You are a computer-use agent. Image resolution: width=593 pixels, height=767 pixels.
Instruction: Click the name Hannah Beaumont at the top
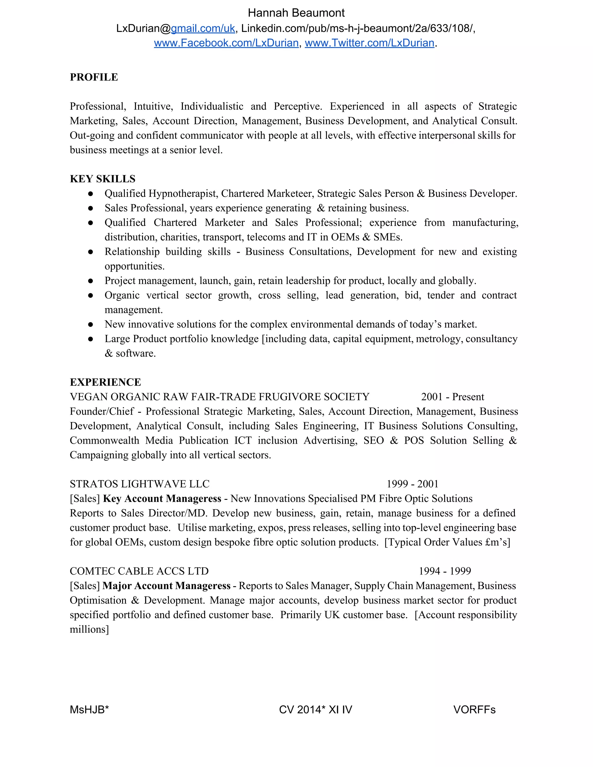tap(296, 13)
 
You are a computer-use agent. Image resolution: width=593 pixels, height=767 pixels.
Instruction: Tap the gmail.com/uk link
tap(203, 28)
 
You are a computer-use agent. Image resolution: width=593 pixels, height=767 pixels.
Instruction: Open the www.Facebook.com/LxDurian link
tap(226, 43)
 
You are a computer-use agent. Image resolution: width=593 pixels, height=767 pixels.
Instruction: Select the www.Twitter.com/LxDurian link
tap(369, 43)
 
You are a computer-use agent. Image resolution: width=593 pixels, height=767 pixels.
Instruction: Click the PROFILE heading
tap(94, 77)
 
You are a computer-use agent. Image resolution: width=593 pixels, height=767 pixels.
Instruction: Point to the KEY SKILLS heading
tap(103, 179)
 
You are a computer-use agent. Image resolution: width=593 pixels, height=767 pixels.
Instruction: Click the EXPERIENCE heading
tap(105, 382)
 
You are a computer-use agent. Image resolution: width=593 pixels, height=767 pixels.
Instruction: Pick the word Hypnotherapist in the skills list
tap(183, 194)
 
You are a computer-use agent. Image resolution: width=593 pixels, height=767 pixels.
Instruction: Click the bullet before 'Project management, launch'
tap(91, 281)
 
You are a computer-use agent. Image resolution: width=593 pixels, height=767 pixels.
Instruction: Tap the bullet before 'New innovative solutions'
tap(91, 324)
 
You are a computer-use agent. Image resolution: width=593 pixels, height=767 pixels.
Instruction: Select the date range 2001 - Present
tap(453, 397)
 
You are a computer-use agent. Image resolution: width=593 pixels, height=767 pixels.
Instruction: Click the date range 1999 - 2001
tap(412, 484)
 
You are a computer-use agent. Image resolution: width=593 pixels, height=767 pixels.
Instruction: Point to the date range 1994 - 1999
tap(445, 571)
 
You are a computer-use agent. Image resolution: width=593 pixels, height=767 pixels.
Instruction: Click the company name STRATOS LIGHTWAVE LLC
tap(140, 484)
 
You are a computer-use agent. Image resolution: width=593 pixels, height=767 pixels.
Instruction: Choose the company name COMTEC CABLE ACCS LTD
tap(139, 571)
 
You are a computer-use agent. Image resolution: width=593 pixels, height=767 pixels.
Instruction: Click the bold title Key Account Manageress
tap(162, 499)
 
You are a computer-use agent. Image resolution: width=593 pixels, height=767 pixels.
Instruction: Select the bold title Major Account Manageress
tap(166, 586)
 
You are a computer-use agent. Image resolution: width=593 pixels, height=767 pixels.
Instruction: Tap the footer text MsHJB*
tap(89, 709)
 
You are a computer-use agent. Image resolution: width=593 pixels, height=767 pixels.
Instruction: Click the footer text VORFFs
tap(474, 709)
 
